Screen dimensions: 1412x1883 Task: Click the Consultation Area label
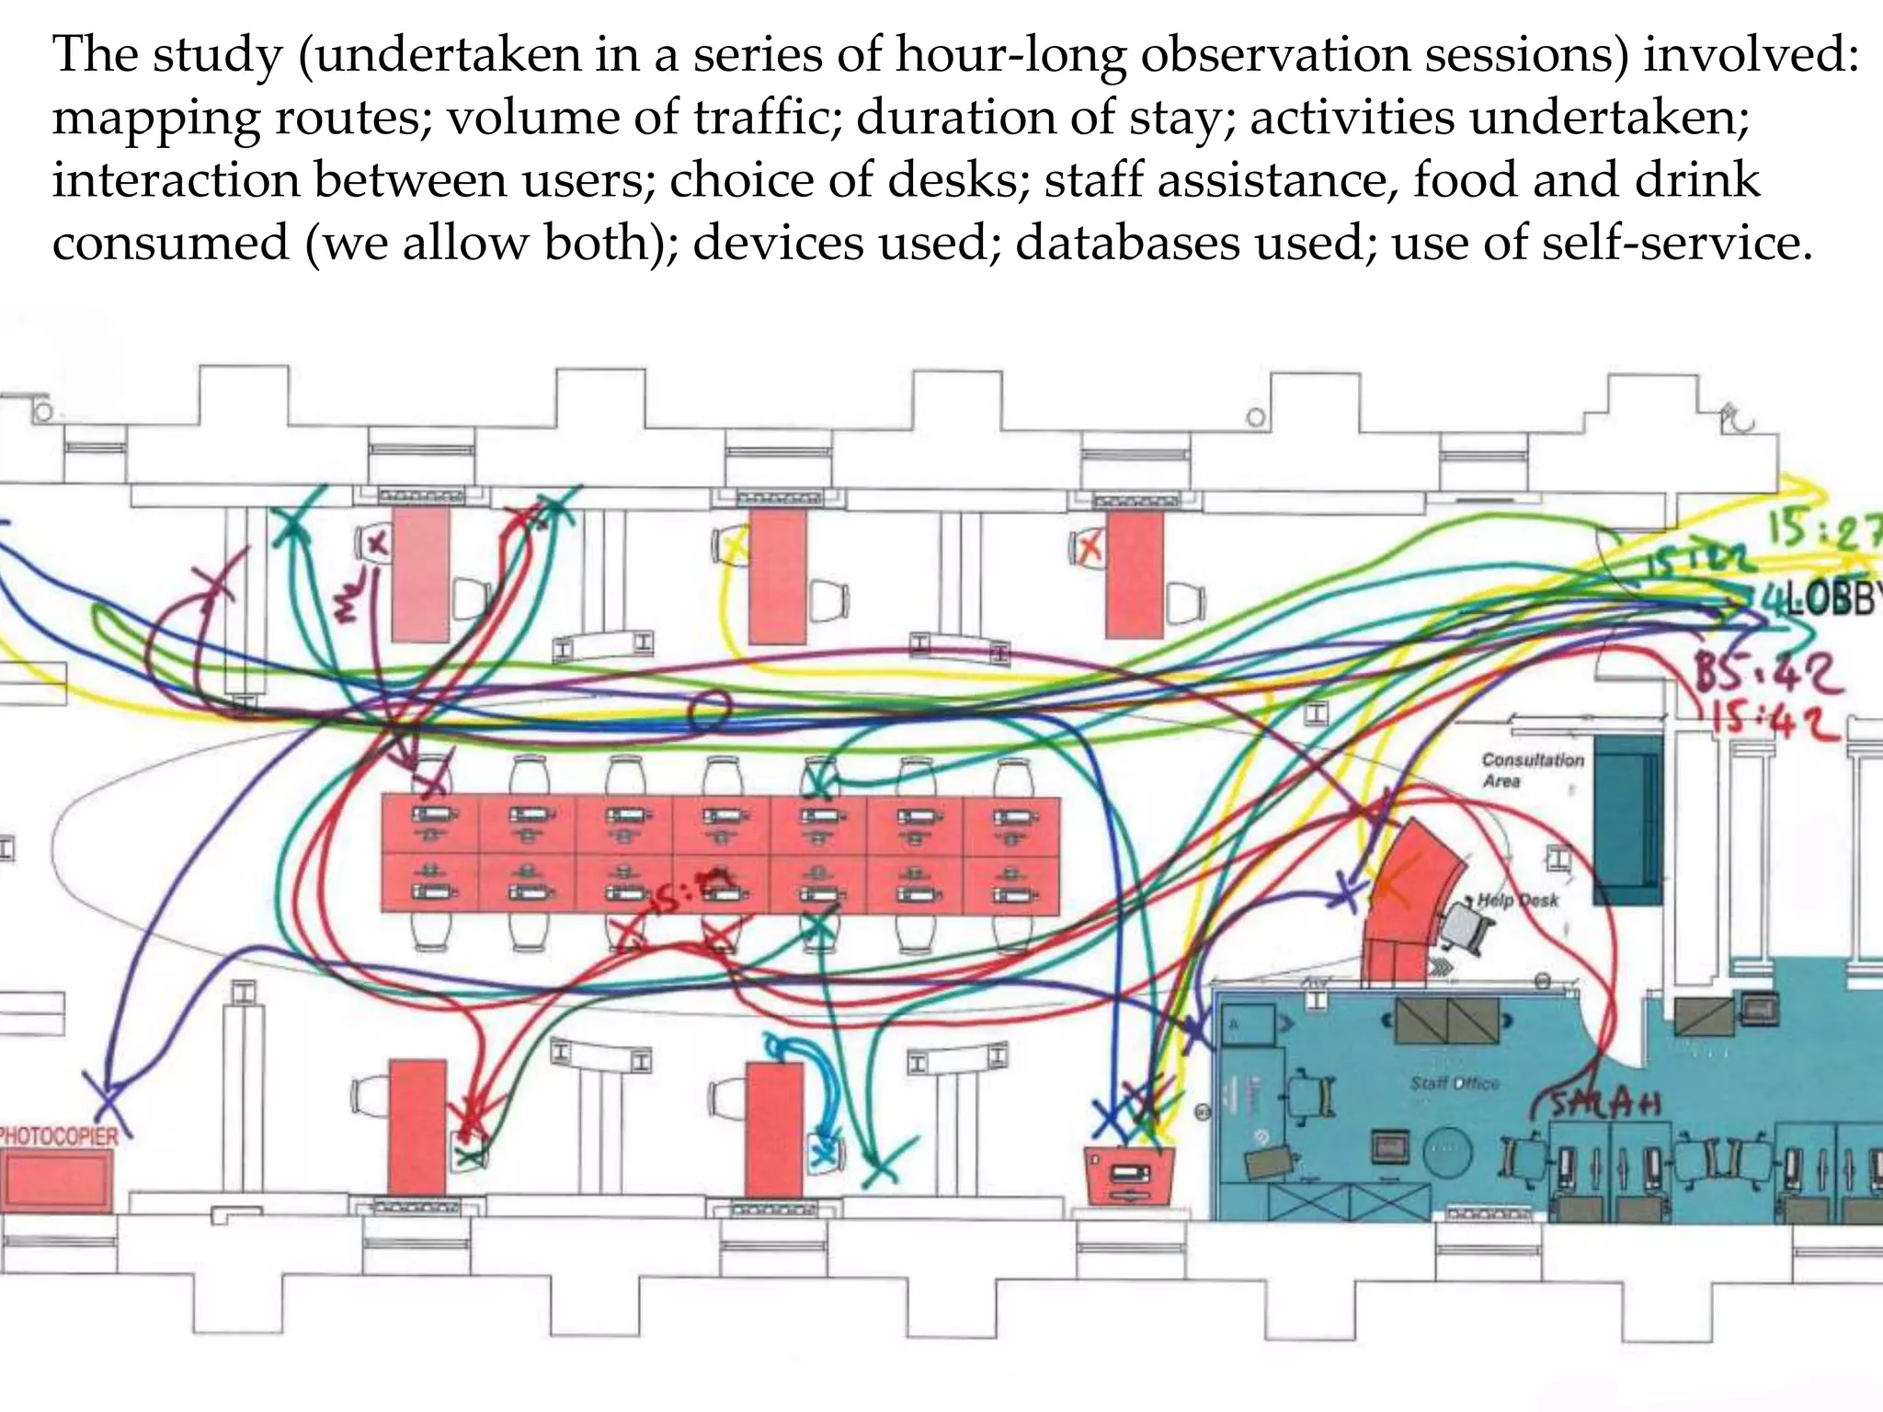[x=1532, y=769]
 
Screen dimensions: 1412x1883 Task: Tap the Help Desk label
[x=1517, y=900]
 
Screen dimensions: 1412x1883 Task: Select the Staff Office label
[x=1455, y=1083]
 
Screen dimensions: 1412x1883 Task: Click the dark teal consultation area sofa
[x=1627, y=818]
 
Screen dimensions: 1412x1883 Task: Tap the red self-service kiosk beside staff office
[x=1129, y=1175]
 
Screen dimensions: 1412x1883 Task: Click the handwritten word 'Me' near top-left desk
[x=348, y=602]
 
